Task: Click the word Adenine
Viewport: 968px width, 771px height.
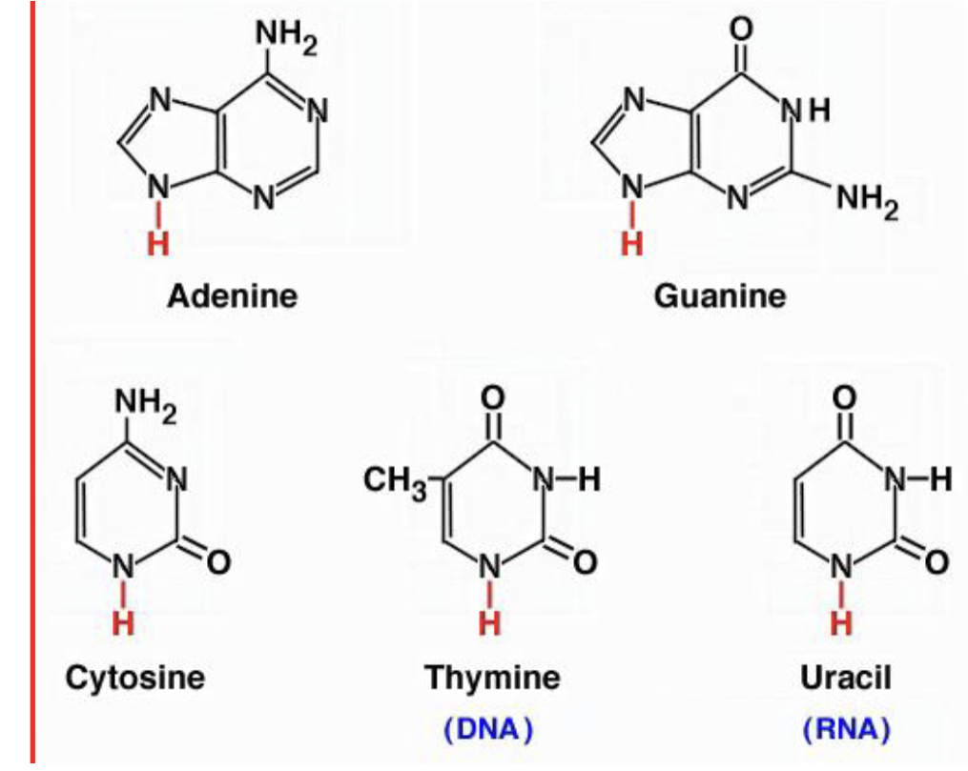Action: tap(232, 295)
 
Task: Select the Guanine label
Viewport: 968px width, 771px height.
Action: tap(720, 295)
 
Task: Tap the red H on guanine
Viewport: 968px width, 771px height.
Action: tap(629, 244)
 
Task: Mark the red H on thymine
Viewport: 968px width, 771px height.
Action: tap(489, 624)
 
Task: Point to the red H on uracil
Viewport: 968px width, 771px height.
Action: tap(841, 624)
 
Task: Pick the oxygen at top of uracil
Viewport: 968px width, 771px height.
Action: tap(842, 396)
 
